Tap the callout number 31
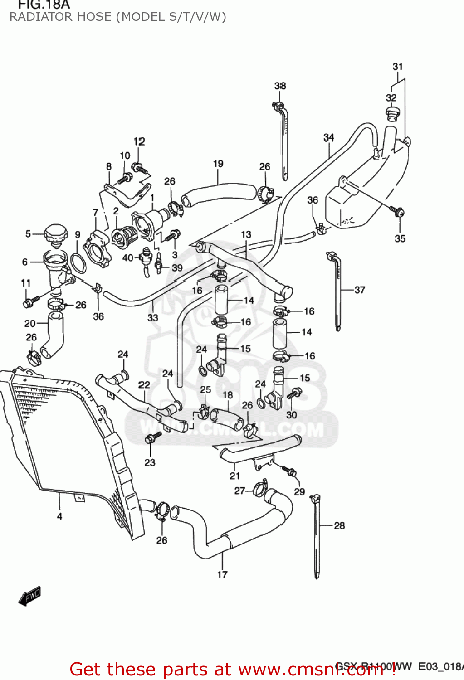pos(397,67)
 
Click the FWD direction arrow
pos(30,597)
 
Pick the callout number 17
pos(222,575)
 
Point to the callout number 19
pos(218,164)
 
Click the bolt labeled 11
pos(30,301)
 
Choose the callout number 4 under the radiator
pos(59,516)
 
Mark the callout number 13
pos(246,234)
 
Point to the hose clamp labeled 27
pos(260,488)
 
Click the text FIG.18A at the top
pos(44,5)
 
